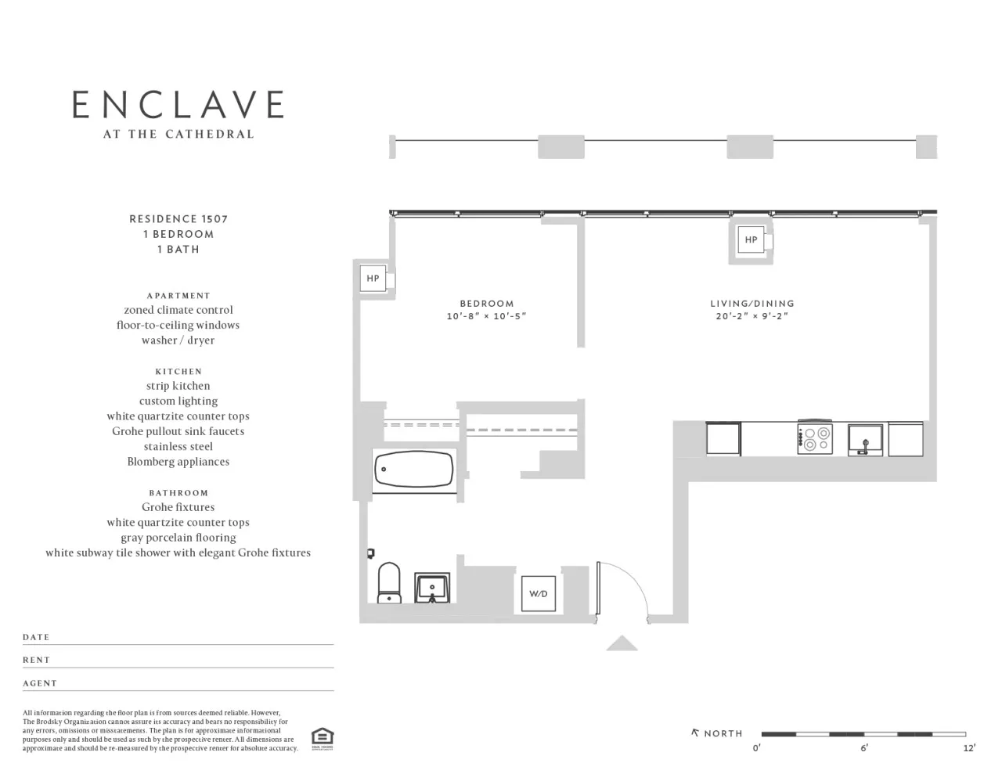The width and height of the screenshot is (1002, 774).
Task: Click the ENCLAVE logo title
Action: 178,105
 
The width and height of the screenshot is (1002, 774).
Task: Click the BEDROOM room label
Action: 486,304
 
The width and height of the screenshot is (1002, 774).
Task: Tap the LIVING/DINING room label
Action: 751,304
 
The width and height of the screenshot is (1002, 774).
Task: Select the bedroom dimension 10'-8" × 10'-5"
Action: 486,317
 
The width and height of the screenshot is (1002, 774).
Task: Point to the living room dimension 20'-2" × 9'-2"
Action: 751,317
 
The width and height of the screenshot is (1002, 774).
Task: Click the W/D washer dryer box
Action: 539,594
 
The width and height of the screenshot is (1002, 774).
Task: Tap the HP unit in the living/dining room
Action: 751,239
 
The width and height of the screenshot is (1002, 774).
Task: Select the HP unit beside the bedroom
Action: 373,279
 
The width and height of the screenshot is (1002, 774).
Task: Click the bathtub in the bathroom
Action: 413,470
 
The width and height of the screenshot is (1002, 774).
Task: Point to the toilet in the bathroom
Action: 389,584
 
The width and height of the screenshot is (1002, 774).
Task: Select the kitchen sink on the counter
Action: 865,439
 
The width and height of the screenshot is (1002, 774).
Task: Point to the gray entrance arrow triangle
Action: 622,644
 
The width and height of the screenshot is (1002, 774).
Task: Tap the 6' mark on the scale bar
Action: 864,748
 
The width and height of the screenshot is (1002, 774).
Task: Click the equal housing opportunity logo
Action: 322,738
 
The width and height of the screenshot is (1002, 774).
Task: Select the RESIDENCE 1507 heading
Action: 178,219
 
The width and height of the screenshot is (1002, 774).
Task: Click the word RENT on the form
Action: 36,660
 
